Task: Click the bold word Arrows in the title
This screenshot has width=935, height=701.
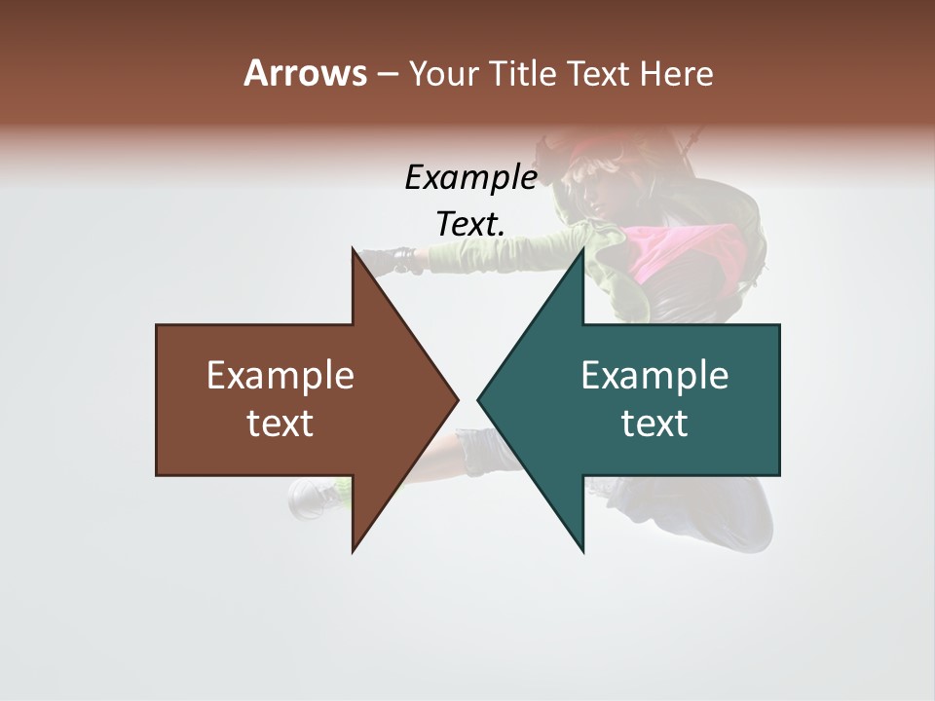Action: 305,73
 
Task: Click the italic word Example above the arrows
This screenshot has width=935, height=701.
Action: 470,177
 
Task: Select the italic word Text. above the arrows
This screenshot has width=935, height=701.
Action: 470,224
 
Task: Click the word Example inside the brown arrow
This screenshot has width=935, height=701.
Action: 280,375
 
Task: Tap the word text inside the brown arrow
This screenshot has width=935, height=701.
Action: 280,423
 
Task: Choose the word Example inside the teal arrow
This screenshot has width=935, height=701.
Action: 654,375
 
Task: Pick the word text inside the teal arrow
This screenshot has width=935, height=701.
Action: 654,423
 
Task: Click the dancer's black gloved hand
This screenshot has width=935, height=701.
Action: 399,260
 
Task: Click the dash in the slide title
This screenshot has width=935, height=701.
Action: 387,73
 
